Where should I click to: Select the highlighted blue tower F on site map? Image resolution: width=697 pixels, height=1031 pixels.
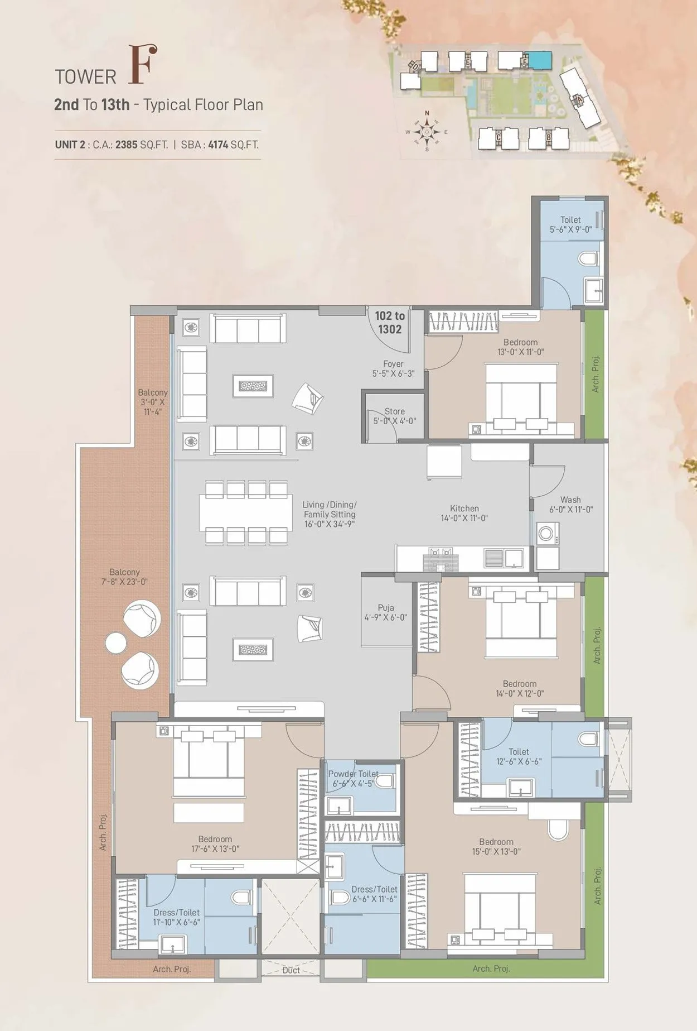pos(539,59)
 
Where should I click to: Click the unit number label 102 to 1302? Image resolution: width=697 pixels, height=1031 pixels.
pos(390,323)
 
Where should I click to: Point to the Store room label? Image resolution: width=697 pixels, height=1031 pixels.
pos(395,416)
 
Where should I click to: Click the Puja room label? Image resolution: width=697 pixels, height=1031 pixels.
pos(386,612)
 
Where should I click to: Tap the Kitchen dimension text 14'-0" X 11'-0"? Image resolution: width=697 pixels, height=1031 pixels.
pos(464,518)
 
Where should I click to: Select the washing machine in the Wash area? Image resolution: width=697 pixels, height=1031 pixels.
pos(546,534)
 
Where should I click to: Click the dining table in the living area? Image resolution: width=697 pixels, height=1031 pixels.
pos(246,512)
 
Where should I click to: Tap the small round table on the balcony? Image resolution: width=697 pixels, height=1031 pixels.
pos(116,643)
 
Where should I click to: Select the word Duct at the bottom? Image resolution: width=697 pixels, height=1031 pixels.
pos(291,970)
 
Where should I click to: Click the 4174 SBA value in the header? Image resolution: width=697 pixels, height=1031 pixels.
pos(218,145)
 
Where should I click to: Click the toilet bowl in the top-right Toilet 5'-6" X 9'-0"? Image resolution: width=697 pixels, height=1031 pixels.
pos(588,258)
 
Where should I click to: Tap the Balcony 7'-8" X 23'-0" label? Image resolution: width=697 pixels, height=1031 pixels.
pos(124,577)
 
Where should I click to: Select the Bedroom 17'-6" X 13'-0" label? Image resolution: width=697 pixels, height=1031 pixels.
pos(215,843)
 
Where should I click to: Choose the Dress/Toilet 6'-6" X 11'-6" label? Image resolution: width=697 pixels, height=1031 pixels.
pos(374,894)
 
